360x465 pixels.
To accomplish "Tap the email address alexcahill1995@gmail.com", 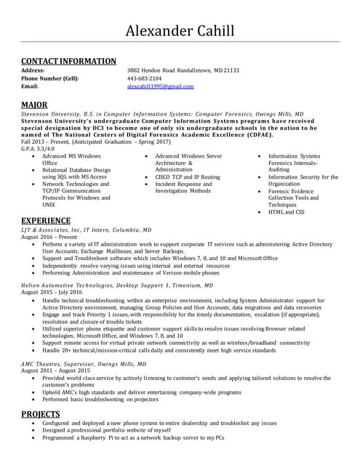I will pyautogui.click(x=160, y=86).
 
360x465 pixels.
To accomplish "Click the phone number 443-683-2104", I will pyautogui.click(x=145, y=78).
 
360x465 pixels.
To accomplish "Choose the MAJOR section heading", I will pyautogui.click(x=35, y=105).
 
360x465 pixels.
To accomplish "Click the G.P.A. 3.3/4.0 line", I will pyautogui.click(x=39, y=148).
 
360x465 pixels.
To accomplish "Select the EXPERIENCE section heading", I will pyautogui.click(x=46, y=220).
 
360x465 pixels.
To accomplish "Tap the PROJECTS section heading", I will pyautogui.click(x=40, y=414).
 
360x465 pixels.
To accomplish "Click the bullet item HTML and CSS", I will pyautogui.click(x=286, y=211).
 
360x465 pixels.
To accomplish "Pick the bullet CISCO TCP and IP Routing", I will pyautogui.click(x=187, y=177).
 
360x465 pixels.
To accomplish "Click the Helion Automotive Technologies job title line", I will pyautogui.click(x=116, y=286).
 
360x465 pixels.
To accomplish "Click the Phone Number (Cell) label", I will pyautogui.click(x=49, y=78).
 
